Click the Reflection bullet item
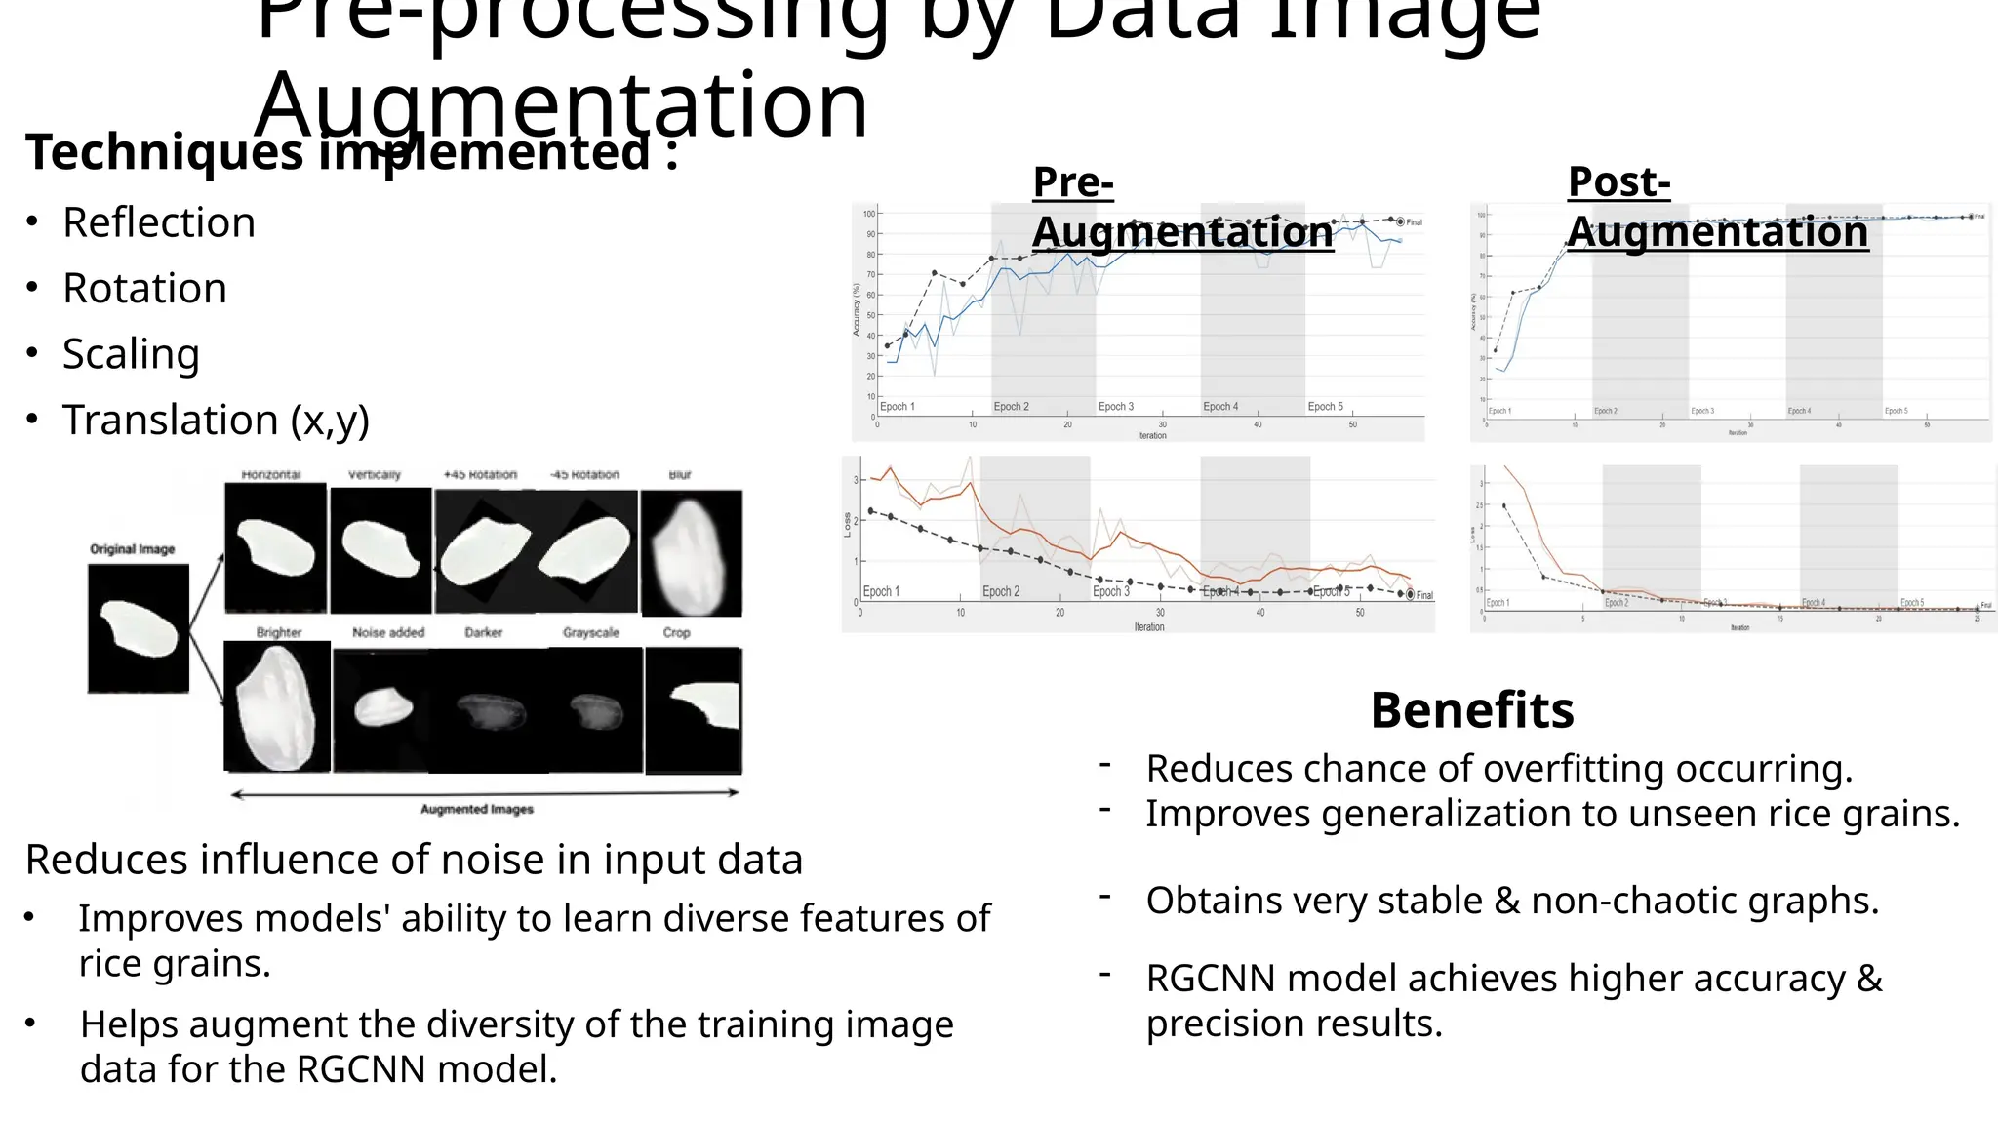pyautogui.click(x=159, y=222)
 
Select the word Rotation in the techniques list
pyautogui.click(x=144, y=289)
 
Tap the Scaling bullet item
pyautogui.click(x=131, y=354)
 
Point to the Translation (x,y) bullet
pyautogui.click(x=216, y=421)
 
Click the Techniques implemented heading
pyautogui.click(x=351, y=153)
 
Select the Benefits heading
pyautogui.click(x=1471, y=709)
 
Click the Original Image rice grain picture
pyautogui.click(x=139, y=629)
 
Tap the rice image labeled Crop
pyautogui.click(x=694, y=709)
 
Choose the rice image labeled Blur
pyautogui.click(x=691, y=553)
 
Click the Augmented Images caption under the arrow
pyautogui.click(x=477, y=809)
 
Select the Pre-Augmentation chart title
pyautogui.click(x=1181, y=208)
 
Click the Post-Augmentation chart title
pyautogui.click(x=1717, y=207)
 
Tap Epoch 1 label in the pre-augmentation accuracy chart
pyautogui.click(x=898, y=406)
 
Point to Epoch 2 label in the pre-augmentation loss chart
pyautogui.click(x=1001, y=591)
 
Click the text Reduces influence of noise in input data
pyautogui.click(x=414, y=860)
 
